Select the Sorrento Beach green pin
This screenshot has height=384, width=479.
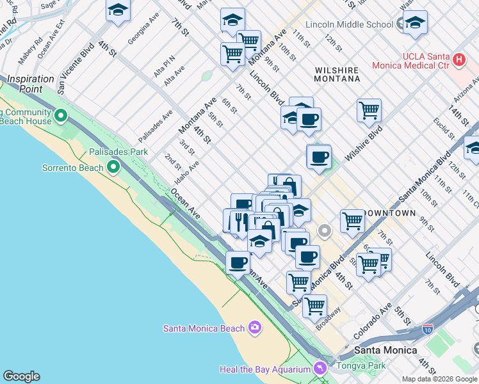click(x=114, y=168)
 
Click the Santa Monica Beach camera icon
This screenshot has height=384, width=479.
click(x=256, y=328)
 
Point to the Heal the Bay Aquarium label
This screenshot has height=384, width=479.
click(x=263, y=369)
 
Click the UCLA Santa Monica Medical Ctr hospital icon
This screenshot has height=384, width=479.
click(x=459, y=61)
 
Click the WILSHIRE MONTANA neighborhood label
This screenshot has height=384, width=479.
click(x=337, y=74)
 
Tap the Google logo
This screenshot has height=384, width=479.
click(x=21, y=376)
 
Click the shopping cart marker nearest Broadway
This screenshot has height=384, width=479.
click(x=314, y=306)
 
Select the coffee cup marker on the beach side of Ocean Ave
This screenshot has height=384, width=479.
click(x=238, y=262)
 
